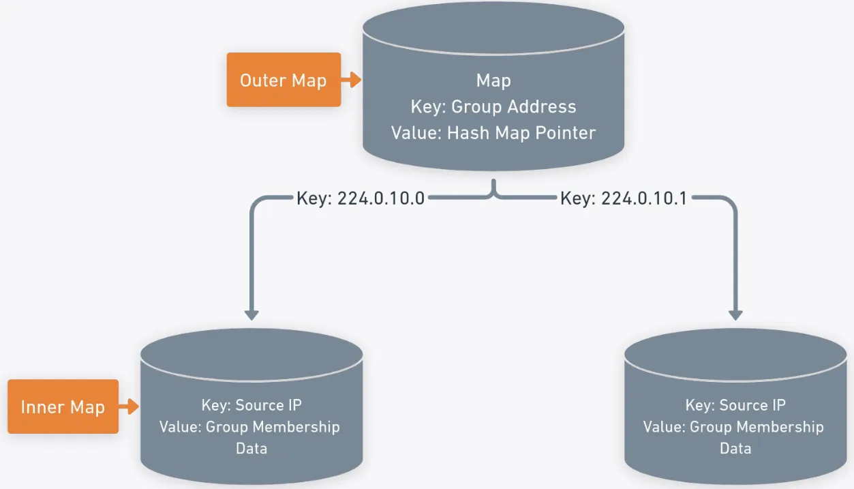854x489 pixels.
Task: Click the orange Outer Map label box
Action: click(x=283, y=80)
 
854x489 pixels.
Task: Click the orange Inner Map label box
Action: click(x=63, y=407)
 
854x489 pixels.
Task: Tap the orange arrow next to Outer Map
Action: click(x=351, y=80)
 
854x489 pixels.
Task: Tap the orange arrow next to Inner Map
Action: click(x=129, y=407)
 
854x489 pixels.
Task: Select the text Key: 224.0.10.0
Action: click(x=361, y=198)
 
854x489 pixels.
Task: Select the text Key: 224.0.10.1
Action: click(x=624, y=198)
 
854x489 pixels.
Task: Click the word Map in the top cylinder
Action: click(x=493, y=80)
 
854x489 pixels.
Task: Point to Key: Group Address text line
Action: click(x=493, y=106)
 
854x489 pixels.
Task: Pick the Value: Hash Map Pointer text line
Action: click(x=493, y=132)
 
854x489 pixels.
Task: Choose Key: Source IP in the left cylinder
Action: click(x=251, y=405)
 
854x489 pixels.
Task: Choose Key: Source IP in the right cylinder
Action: click(x=735, y=405)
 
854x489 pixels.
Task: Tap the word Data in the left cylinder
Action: click(x=251, y=449)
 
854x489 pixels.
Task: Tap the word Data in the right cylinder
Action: click(x=735, y=449)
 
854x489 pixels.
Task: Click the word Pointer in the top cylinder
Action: click(x=565, y=132)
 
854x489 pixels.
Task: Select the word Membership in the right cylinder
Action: click(x=780, y=427)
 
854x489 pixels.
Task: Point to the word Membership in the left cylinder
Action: click(x=296, y=427)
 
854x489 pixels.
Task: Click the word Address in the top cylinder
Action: click(x=543, y=106)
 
